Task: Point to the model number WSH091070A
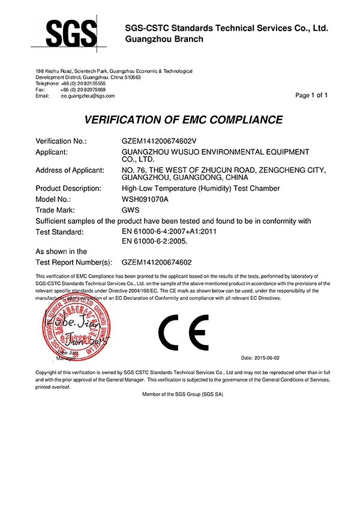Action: tap(146, 198)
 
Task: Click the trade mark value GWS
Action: tap(131, 210)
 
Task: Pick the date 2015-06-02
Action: tap(260, 357)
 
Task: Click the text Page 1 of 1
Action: tap(312, 95)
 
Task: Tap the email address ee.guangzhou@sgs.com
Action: tap(88, 95)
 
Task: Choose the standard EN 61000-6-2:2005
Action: tap(155, 241)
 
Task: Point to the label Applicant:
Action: tap(55, 152)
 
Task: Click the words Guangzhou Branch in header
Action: tap(164, 39)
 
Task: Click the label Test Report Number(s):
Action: tap(74, 262)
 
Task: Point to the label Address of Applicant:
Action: tap(70, 170)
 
